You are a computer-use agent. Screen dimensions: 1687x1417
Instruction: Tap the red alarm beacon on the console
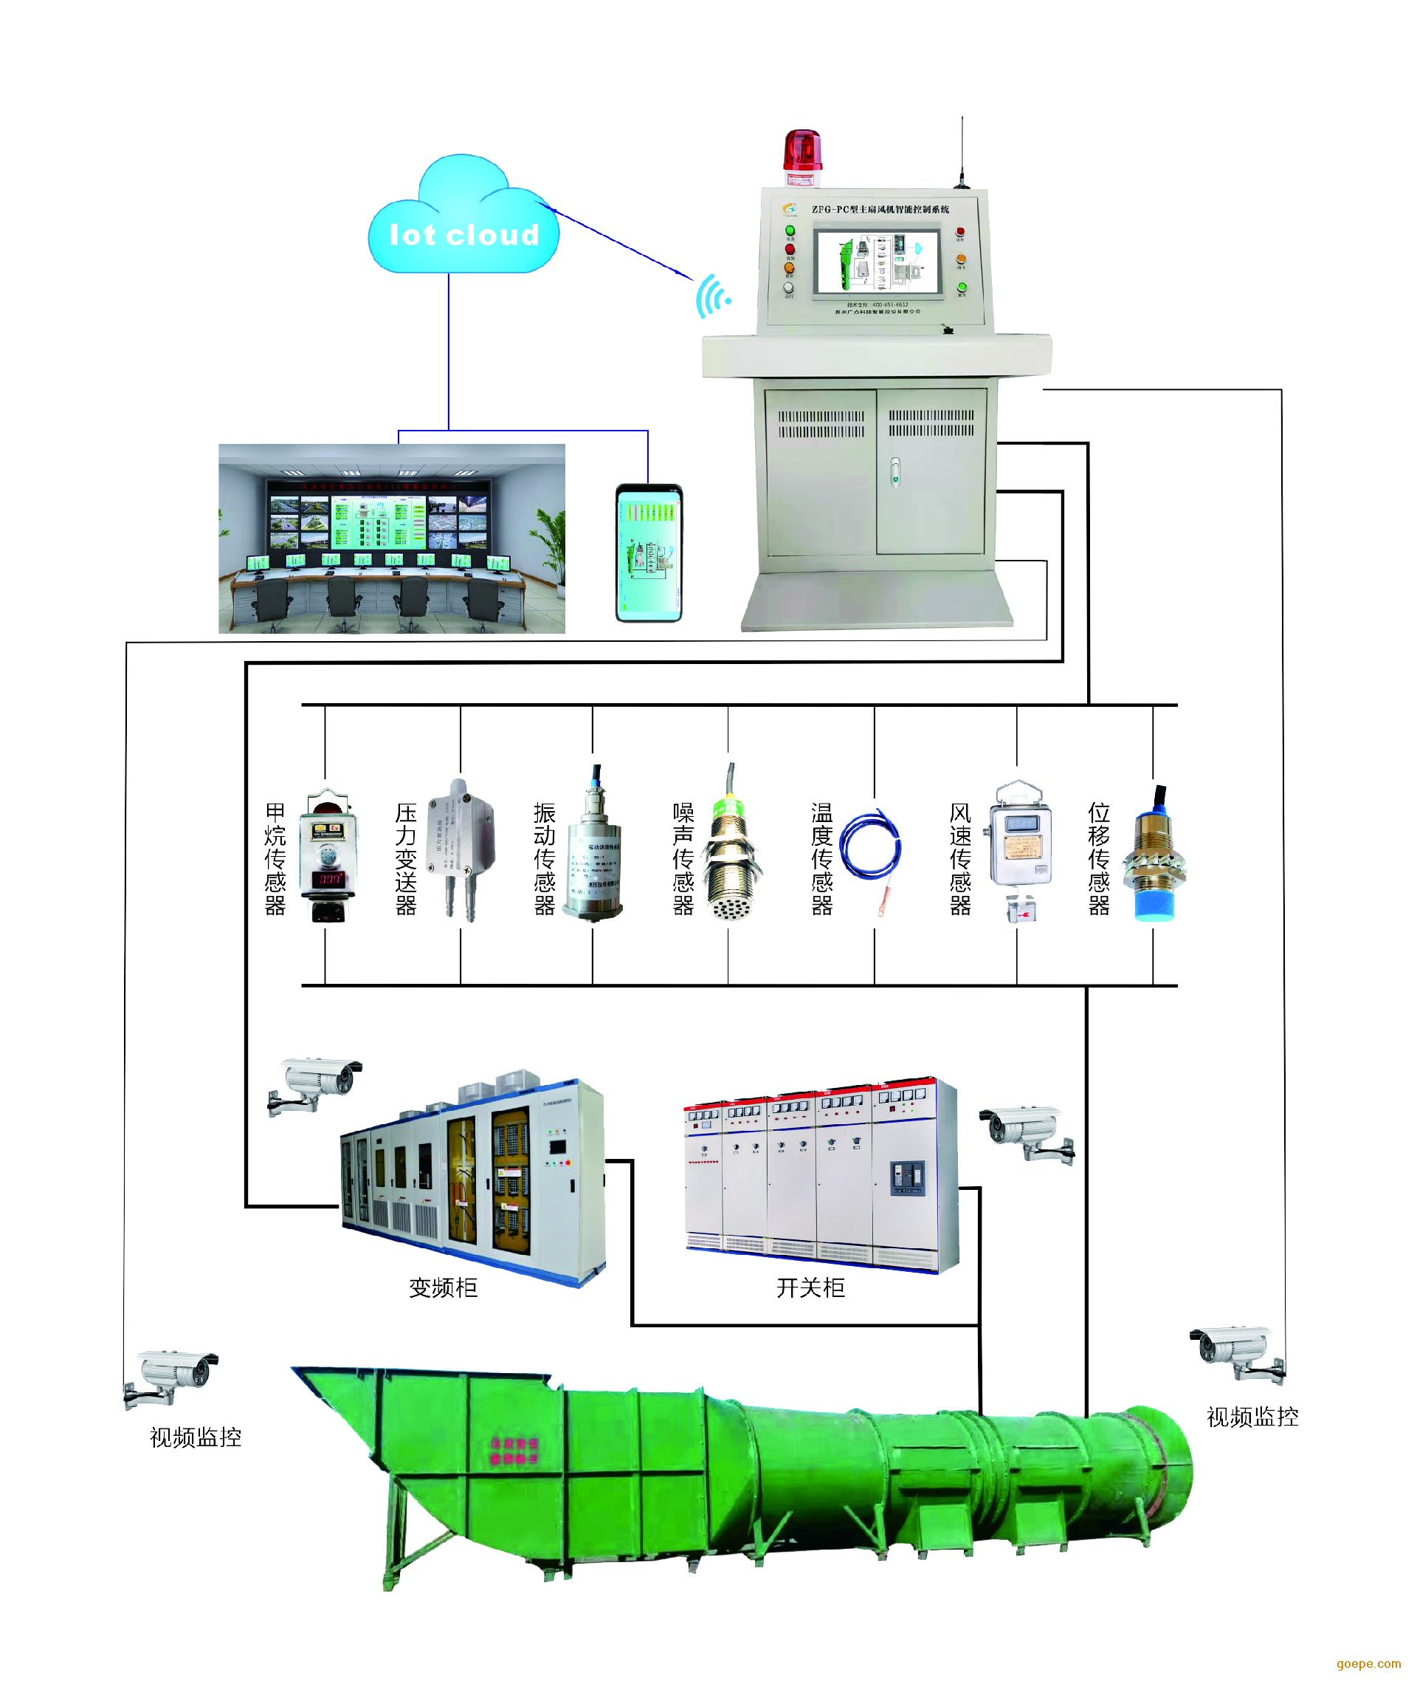click(802, 153)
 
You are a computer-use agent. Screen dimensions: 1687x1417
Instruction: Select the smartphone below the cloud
click(649, 552)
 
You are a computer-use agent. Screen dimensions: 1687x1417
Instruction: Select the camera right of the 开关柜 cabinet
click(1027, 1132)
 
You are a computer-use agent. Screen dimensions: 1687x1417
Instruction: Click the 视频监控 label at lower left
click(195, 1437)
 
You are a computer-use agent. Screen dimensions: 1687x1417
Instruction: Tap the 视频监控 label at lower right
click(1252, 1417)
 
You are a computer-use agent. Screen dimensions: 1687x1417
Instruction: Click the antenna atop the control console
click(962, 153)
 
